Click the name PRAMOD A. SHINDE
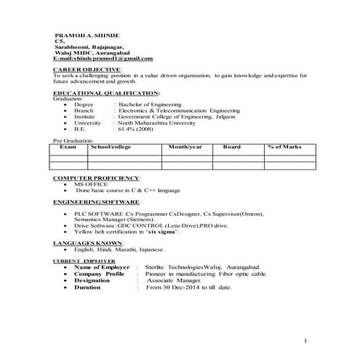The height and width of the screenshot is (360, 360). (x=88, y=36)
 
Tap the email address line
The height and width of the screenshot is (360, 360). (x=104, y=58)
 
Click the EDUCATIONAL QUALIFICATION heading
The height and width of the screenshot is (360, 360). (x=106, y=94)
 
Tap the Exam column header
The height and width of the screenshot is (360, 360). (x=68, y=146)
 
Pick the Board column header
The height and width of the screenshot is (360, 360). (x=232, y=146)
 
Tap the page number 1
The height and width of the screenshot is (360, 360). (x=306, y=340)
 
